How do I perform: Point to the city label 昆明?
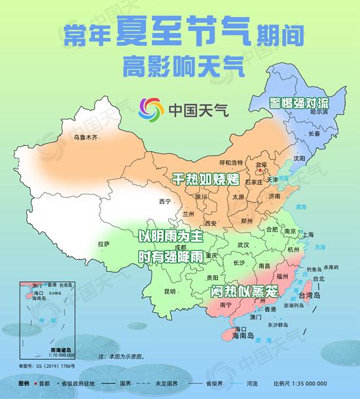click(x=170, y=290)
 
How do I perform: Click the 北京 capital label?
click(x=261, y=165)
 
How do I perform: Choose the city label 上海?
click(x=307, y=235)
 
